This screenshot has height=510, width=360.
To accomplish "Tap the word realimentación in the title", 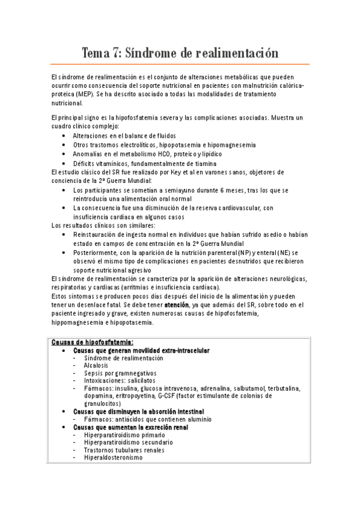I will coord(237,53).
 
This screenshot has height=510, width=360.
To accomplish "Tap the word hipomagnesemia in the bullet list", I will coord(231,145).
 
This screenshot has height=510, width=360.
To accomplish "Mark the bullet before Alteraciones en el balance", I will coord(64,136).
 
